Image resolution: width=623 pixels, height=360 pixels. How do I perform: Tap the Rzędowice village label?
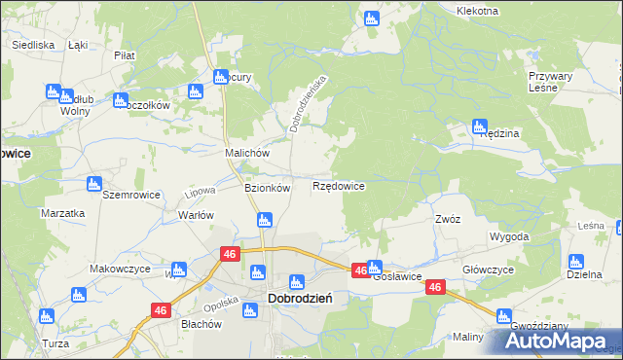[339, 185]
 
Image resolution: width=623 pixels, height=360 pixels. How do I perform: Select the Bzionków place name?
[267, 189]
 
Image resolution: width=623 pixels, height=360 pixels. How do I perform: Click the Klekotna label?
[477, 11]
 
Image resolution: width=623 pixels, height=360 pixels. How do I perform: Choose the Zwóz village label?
[448, 219]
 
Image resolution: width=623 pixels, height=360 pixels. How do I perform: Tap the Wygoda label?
[510, 236]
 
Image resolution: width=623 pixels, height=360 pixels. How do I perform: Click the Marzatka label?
[62, 212]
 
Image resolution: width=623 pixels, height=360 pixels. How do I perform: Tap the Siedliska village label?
[31, 45]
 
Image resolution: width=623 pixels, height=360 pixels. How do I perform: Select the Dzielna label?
[583, 276]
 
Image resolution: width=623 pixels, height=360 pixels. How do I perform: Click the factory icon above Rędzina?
[479, 125]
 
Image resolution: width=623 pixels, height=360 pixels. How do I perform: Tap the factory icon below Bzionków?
[263, 221]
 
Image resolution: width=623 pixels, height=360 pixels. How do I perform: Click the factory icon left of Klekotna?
[371, 17]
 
